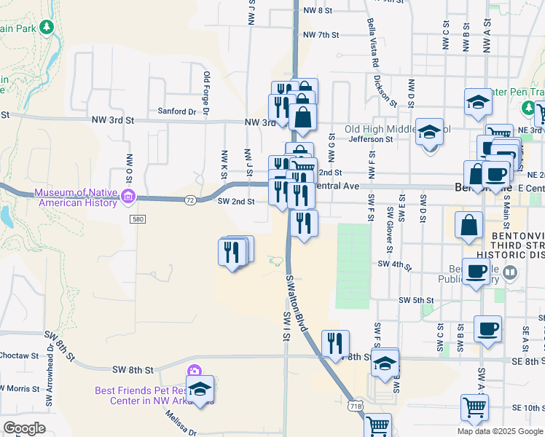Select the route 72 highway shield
[x=189, y=199]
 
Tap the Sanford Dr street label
[x=178, y=111]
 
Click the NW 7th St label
[x=321, y=35]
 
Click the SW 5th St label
[x=416, y=300]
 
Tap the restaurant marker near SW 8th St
[x=335, y=342]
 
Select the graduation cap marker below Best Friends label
[x=200, y=387]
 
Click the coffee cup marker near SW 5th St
[x=487, y=328]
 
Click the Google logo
[x=23, y=428]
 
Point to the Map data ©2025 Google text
[x=500, y=431]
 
